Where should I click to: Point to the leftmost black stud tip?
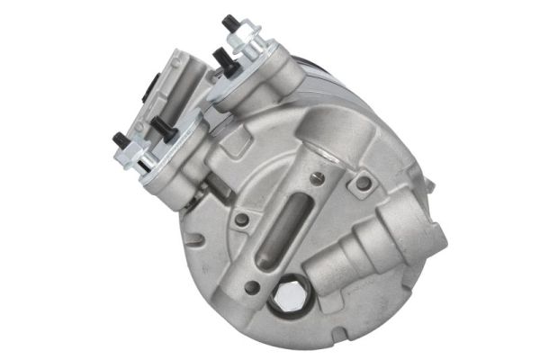117,139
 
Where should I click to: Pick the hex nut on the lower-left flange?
135,154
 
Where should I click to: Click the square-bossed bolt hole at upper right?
362,184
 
